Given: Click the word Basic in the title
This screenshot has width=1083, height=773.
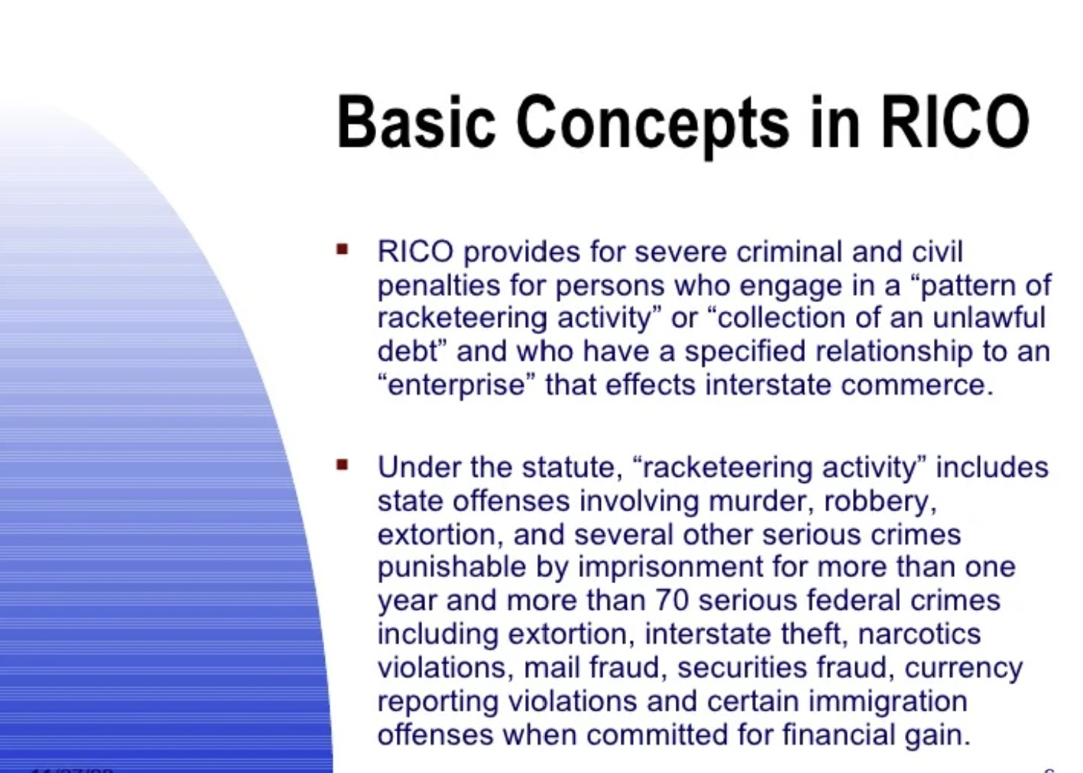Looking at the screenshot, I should (415, 122).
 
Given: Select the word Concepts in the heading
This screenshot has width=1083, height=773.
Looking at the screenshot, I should (652, 124).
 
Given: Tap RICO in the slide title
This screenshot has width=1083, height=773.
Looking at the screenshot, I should (955, 122).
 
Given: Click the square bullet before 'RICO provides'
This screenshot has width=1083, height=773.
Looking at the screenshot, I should (342, 249).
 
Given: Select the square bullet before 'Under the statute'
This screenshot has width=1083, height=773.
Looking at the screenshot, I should (342, 465).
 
